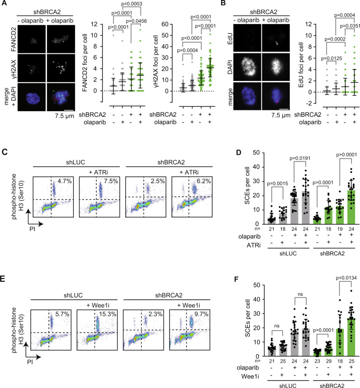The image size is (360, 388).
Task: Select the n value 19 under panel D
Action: [x=324, y=230]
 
